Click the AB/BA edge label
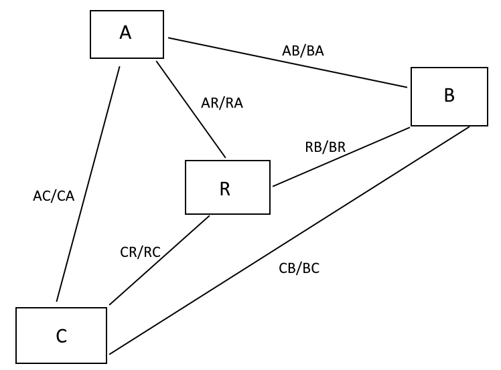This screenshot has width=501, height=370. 303,51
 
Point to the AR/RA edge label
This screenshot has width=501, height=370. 221,103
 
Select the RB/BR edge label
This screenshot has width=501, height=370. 325,147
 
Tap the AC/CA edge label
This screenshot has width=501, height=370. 54,196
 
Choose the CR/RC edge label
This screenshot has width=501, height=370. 140,252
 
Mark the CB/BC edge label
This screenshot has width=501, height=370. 299,268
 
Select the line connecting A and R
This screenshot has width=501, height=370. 191,110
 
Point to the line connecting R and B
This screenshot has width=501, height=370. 342,157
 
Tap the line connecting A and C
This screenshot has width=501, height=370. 88,184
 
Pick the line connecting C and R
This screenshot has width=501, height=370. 159,260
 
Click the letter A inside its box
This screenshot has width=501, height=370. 125,32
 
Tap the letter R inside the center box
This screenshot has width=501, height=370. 224,189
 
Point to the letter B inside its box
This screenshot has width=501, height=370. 449,96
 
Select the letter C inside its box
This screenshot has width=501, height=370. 61,336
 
